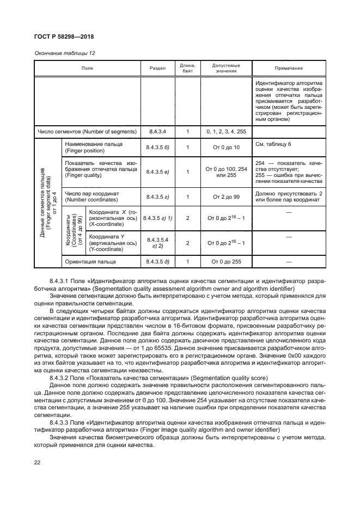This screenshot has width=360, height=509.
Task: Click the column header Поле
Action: tap(87, 68)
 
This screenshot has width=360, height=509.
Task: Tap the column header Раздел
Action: tap(157, 68)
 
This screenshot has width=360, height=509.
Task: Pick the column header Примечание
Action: tap(289, 68)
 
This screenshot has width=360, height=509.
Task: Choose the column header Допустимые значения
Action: tap(227, 68)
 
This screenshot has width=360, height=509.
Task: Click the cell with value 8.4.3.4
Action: tap(157, 132)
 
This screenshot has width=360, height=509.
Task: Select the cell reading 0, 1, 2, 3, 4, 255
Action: tap(227, 132)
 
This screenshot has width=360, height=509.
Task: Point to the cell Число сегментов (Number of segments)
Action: tap(86, 132)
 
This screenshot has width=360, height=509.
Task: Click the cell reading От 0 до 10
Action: tap(227, 147)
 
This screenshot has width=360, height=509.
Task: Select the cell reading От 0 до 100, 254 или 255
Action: tap(227, 172)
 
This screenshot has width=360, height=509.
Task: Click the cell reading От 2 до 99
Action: tap(227, 197)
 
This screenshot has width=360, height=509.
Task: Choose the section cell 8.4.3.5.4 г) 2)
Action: tap(157, 243)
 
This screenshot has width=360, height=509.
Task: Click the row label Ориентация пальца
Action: tap(90, 262)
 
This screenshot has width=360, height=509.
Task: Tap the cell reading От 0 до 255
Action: tap(227, 262)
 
